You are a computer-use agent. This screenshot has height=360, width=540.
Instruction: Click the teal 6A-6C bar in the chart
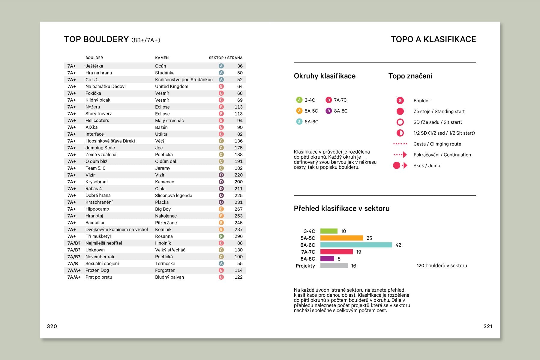tap(356, 245)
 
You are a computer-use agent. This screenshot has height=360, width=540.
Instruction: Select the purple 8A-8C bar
tap(327, 259)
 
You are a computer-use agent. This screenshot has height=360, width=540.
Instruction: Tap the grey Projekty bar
tap(334, 265)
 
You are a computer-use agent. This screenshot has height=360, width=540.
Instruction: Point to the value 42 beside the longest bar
tap(398, 245)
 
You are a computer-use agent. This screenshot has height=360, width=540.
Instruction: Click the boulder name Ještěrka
tap(94, 66)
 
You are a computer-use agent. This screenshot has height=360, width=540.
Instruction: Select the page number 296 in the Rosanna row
tap(238, 236)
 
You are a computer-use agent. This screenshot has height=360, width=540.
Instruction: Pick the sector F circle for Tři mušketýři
tap(221, 236)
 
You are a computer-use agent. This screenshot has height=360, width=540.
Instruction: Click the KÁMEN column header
tap(162, 58)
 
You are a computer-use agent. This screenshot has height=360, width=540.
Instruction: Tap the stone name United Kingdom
tap(172, 86)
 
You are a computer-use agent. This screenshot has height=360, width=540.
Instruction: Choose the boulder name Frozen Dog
tap(97, 270)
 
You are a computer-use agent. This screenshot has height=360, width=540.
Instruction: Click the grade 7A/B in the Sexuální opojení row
tap(73, 263)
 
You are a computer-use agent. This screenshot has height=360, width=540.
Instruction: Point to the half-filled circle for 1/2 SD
tap(400, 133)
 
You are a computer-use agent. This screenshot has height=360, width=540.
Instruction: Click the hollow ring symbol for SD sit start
tap(400, 122)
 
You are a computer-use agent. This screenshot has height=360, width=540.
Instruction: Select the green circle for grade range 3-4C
tap(299, 100)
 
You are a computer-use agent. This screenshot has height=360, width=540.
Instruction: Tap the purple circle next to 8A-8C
tap(328, 111)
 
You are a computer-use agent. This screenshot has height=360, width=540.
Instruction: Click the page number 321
tap(488, 326)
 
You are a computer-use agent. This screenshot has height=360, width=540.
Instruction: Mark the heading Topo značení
tap(410, 76)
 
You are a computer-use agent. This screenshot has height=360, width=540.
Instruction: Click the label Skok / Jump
tap(427, 166)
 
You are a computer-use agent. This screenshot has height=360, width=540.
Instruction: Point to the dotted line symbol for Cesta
tap(400, 144)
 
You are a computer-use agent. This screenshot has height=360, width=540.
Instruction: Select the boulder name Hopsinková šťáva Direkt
tap(110, 141)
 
